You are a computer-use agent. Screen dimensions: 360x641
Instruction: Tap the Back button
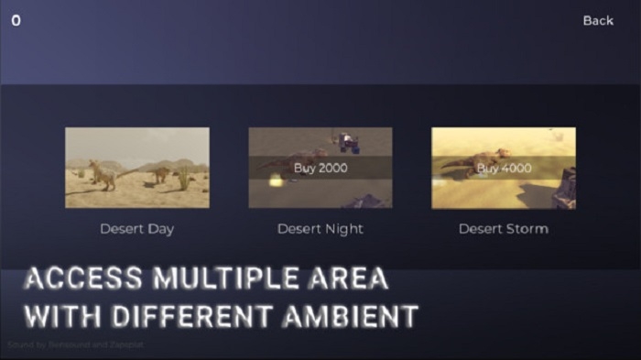pyautogui.click(x=598, y=20)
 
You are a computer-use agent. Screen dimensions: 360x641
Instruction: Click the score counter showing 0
pyautogui.click(x=16, y=20)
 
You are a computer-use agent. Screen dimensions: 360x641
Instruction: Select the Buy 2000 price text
pyautogui.click(x=320, y=168)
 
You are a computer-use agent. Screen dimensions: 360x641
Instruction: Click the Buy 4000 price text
pyautogui.click(x=504, y=169)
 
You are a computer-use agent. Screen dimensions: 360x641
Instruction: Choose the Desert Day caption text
pyautogui.click(x=136, y=228)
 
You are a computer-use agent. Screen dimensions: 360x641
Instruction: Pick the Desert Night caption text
pyautogui.click(x=320, y=228)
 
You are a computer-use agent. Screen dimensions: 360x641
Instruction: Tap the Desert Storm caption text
pyautogui.click(x=504, y=228)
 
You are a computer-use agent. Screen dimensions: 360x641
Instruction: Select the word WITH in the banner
pyautogui.click(x=62, y=316)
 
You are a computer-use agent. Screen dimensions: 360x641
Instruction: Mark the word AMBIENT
pyautogui.click(x=356, y=316)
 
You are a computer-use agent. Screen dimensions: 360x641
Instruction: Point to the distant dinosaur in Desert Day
pyautogui.click(x=159, y=171)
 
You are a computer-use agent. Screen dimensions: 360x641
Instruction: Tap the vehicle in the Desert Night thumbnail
pyautogui.click(x=348, y=141)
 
